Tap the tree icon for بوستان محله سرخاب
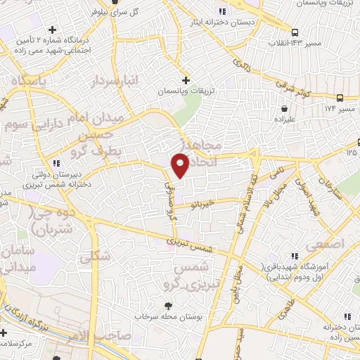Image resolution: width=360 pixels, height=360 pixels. (169, 305)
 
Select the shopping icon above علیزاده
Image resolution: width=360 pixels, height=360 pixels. (284, 110)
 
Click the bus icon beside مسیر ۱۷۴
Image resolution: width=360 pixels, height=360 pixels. (340, 98)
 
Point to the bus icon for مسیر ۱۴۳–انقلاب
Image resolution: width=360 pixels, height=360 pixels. (295, 32)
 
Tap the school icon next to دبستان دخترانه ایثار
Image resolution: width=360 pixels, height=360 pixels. (223, 11)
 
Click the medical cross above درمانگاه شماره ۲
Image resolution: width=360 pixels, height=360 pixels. (53, 30)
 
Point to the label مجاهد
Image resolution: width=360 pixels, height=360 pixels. (204, 144)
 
